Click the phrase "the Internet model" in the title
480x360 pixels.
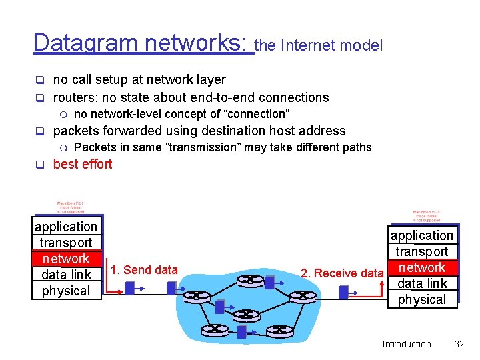(x=319, y=45)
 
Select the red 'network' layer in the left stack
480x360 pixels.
(x=65, y=259)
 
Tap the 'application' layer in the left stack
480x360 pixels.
(x=65, y=227)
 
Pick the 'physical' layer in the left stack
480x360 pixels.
(x=65, y=291)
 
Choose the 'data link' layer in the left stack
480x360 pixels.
(x=65, y=275)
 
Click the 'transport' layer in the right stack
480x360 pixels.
(x=421, y=251)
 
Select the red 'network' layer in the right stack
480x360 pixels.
(x=421, y=267)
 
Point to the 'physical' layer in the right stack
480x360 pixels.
(x=421, y=299)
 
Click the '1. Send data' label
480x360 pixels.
(x=144, y=269)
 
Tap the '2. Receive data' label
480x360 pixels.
(x=341, y=273)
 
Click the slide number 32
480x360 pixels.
(x=459, y=344)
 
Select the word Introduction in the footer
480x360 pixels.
(x=407, y=344)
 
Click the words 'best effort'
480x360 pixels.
(x=83, y=164)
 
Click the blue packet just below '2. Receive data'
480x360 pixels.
(x=343, y=292)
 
